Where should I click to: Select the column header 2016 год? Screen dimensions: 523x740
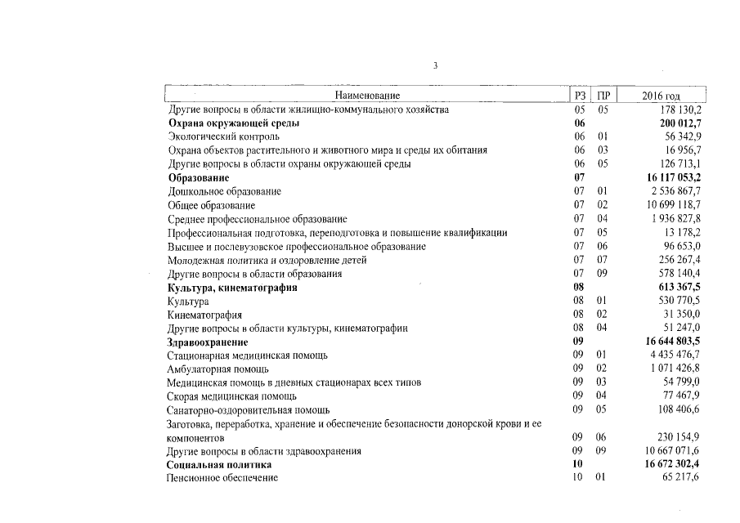tap(661, 96)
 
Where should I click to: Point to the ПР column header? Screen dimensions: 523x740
tap(603, 96)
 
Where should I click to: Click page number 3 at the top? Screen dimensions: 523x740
tap(436, 65)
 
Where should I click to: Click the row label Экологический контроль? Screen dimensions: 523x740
tap(223, 136)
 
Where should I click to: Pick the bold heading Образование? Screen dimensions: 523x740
tap(199, 177)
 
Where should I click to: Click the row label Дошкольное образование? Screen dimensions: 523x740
tap(224, 191)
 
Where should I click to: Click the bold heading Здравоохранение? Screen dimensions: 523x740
tap(208, 342)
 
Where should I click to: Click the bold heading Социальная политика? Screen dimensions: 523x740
tap(219, 465)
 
